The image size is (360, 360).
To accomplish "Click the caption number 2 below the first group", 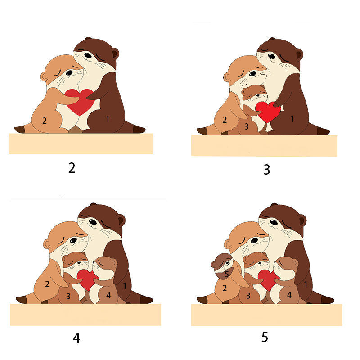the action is point(72,168).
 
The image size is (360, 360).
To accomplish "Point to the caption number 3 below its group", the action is point(266,170).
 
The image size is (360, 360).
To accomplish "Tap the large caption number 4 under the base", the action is point(76,338).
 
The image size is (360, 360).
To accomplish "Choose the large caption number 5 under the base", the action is point(265,337).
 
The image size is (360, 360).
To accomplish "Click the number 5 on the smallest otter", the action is point(227,274).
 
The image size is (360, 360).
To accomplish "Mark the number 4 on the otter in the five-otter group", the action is point(289,295).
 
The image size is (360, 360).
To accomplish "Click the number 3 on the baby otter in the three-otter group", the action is point(246,126).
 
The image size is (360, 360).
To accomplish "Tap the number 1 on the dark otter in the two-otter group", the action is point(108,119).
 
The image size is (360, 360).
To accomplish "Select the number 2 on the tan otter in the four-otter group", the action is point(47,284).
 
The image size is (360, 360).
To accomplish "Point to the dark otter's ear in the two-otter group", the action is point(115,54).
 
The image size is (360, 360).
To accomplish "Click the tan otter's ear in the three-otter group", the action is point(227,77).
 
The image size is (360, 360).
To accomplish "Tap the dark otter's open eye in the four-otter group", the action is point(93,222).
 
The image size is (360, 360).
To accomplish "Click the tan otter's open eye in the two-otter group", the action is point(69,73).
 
